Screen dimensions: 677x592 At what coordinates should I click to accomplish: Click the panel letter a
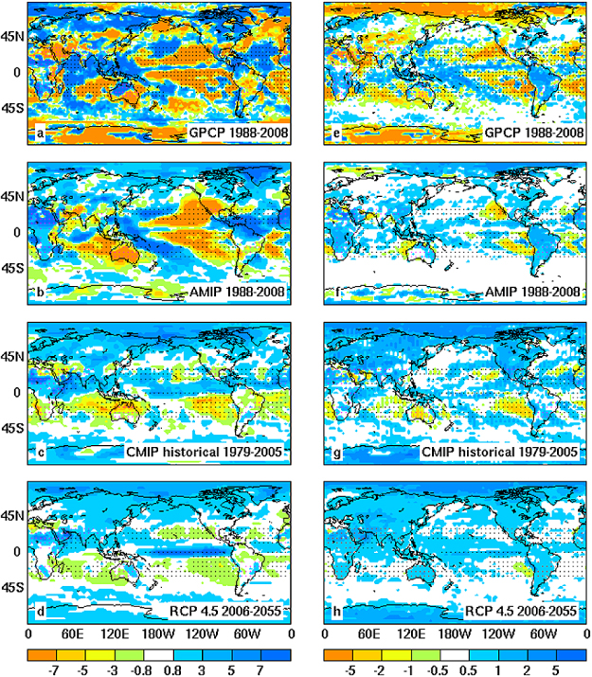[x=39, y=134]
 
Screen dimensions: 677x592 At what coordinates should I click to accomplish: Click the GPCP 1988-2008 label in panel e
[x=529, y=134]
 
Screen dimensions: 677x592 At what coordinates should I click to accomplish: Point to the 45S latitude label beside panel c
[x=14, y=427]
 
